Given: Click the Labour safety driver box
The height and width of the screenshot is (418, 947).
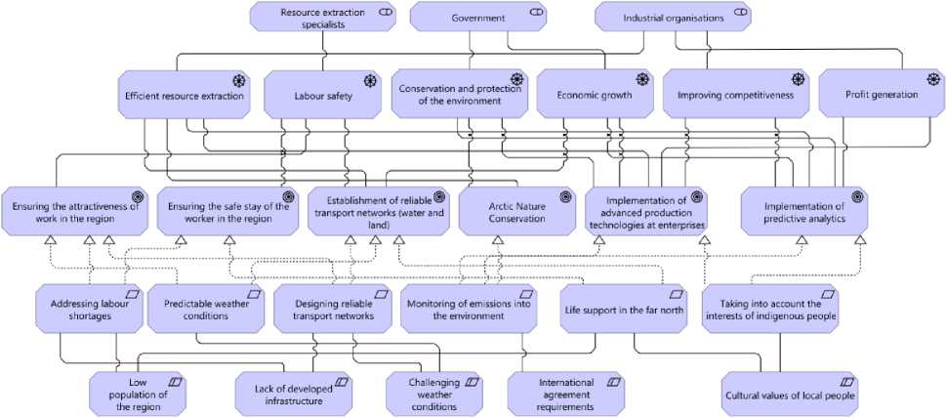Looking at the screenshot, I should pyautogui.click(x=323, y=96).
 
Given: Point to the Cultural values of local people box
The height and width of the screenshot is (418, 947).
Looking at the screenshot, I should pyautogui.click(x=790, y=395).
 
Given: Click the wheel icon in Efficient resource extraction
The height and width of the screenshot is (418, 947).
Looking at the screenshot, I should pyautogui.click(x=238, y=79).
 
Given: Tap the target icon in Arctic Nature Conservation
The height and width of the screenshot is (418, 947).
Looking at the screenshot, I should pyautogui.click(x=564, y=195).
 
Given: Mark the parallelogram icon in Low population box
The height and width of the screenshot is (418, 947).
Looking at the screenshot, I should pyautogui.click(x=177, y=381).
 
